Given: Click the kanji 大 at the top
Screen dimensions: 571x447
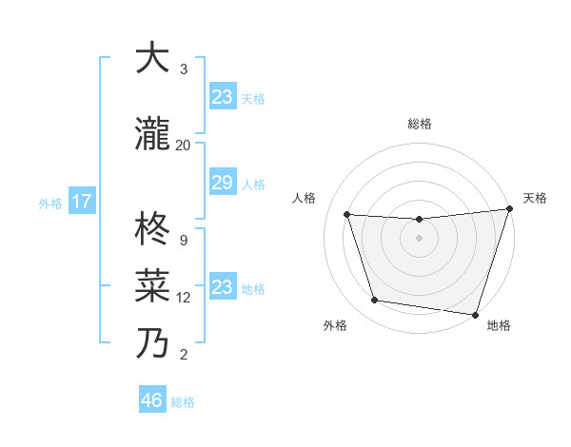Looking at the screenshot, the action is (152, 58).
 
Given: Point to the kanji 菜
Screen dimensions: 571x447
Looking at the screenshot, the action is (152, 284).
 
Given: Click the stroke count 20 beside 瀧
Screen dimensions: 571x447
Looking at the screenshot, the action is (183, 145).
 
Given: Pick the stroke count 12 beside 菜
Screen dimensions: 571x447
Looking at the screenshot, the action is (184, 298).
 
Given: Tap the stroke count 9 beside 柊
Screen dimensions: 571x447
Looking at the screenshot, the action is (183, 240).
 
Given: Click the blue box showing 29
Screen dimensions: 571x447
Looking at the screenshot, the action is (222, 184).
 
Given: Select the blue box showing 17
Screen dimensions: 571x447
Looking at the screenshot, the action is (81, 203).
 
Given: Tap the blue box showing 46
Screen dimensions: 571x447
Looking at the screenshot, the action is (152, 400).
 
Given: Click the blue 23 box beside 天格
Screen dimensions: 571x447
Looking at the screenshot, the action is (222, 97).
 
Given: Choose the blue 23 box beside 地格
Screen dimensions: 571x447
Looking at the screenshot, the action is (222, 287).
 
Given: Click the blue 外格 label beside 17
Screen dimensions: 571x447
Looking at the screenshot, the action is (50, 204).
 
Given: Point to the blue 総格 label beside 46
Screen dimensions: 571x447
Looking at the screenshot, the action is (183, 402).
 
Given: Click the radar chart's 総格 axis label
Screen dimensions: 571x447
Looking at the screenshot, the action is (420, 124).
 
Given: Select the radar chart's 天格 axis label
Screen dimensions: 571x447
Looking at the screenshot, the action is (535, 198).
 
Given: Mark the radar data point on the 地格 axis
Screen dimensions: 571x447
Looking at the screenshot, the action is (476, 314).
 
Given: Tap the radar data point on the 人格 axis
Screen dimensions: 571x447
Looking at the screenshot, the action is (347, 215).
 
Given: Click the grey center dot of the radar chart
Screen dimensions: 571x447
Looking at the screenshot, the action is (419, 238).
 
